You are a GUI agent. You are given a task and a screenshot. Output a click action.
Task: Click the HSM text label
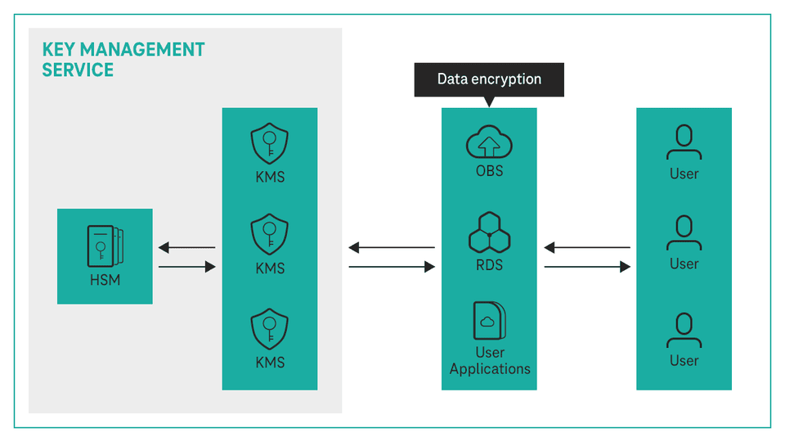(105, 281)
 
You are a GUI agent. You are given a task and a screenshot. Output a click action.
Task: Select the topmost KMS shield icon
(270, 144)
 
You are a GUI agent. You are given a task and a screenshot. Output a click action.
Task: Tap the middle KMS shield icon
(270, 235)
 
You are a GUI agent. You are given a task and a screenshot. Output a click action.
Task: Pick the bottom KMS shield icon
(270, 328)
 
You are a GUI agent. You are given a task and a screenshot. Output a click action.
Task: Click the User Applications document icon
(489, 321)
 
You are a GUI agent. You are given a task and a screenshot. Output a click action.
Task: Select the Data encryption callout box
(489, 79)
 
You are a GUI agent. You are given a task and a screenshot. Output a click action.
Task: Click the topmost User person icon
(684, 142)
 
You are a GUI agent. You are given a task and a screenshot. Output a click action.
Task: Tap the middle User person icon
(684, 233)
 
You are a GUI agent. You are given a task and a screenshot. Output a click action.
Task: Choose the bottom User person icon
(684, 330)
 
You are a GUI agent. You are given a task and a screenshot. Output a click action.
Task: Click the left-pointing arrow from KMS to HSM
(187, 247)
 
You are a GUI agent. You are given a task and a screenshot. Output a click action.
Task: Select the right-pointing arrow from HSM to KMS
(187, 267)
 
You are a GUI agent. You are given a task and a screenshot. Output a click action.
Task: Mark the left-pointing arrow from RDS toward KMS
(392, 247)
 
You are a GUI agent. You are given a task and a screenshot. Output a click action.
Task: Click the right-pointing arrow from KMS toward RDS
(392, 267)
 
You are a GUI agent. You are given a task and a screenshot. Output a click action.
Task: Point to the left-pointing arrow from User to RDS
(587, 247)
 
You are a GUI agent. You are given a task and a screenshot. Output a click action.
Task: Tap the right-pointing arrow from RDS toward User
(587, 267)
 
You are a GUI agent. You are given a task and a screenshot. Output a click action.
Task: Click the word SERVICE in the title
(78, 70)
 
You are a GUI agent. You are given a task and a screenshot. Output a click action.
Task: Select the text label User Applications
(490, 361)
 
